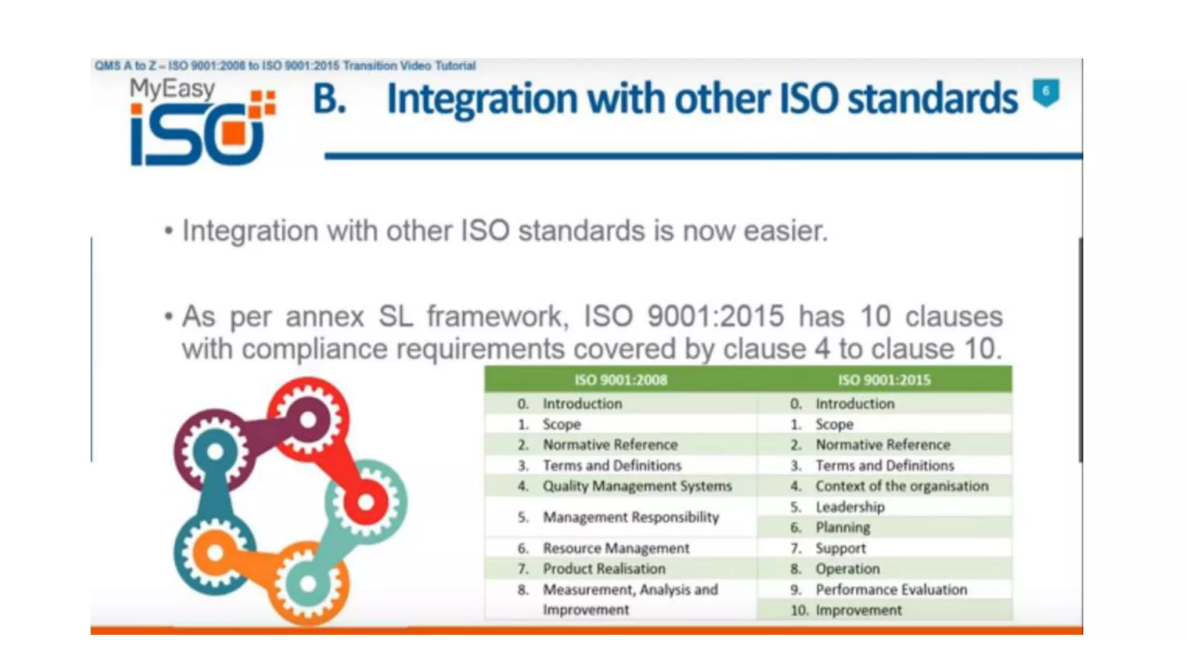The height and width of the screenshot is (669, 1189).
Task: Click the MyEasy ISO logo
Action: (200, 123)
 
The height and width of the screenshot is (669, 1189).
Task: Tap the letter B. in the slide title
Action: (330, 99)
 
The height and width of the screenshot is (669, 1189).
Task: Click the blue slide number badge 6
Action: (1046, 92)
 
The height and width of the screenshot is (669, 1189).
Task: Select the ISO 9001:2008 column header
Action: (621, 380)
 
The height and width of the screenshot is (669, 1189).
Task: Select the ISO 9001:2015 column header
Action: (884, 380)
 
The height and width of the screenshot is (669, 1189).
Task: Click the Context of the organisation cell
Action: (901, 486)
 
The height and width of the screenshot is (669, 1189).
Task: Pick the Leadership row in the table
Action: (850, 507)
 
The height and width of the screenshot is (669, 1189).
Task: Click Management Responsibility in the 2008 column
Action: (630, 517)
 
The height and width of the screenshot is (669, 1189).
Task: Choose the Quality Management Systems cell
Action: (637, 486)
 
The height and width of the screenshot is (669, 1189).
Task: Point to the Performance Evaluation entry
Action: (891, 589)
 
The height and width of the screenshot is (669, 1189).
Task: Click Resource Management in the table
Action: (615, 548)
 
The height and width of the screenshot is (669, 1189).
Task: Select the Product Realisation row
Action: (604, 569)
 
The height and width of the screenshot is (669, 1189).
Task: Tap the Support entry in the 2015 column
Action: (840, 548)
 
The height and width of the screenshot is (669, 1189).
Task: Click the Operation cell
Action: (847, 569)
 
